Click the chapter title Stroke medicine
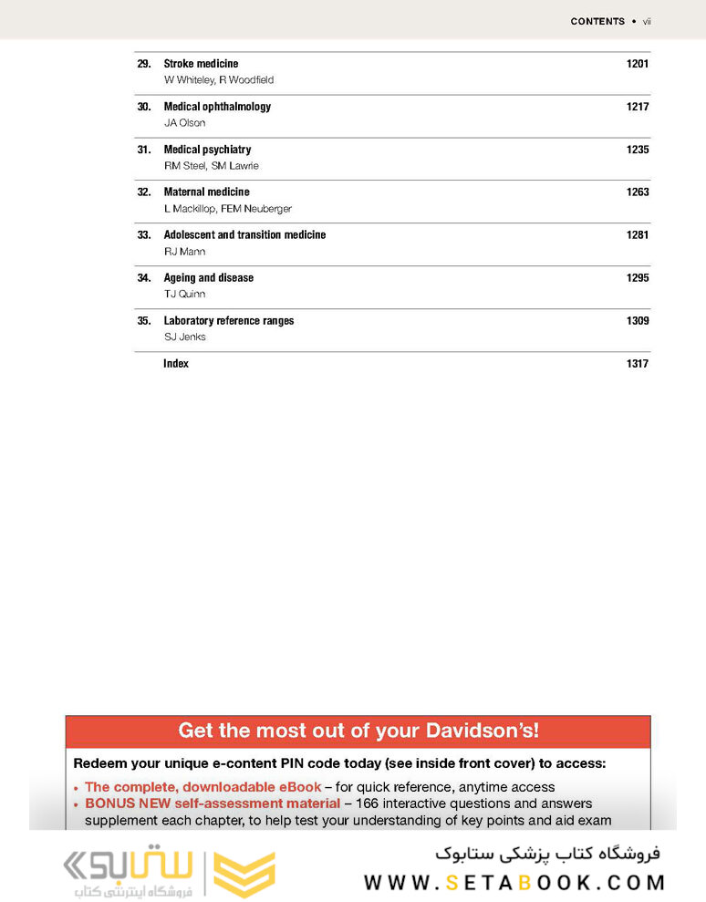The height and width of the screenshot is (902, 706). click(x=201, y=64)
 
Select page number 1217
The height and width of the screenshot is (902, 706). click(x=637, y=107)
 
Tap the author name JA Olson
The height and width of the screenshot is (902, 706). click(x=184, y=123)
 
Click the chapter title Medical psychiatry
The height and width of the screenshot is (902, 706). click(x=207, y=150)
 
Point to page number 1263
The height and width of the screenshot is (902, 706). click(x=637, y=192)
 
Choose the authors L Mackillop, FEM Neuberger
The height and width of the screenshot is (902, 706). click(x=227, y=209)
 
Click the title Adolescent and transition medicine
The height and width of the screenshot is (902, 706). click(x=244, y=235)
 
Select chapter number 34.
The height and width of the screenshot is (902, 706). click(x=143, y=278)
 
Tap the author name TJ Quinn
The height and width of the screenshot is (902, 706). click(x=184, y=295)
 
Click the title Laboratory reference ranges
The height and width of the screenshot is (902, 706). click(x=228, y=321)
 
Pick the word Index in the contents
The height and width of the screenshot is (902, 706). click(x=176, y=364)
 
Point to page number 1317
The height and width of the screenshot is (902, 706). click(x=637, y=364)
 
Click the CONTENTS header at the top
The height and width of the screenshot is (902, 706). click(x=597, y=21)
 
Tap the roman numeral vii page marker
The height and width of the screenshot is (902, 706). click(x=647, y=21)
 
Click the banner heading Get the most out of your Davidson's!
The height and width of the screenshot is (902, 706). click(x=358, y=731)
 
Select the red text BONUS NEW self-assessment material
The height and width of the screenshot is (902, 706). click(x=212, y=804)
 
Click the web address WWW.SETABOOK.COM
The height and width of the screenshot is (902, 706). click(x=514, y=883)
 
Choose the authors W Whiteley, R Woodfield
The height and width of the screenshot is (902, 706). click(x=218, y=80)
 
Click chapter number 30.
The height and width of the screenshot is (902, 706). click(x=143, y=107)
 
